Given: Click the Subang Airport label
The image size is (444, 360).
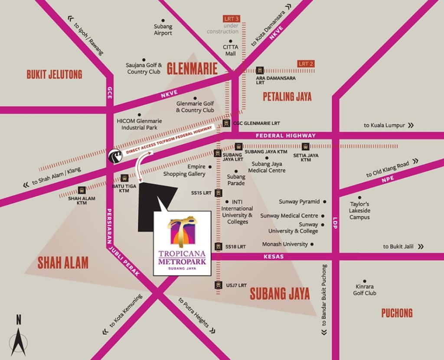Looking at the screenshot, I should [163, 29].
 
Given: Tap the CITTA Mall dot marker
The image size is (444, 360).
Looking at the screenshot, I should [231, 42].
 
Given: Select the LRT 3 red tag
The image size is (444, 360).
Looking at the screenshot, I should [232, 19].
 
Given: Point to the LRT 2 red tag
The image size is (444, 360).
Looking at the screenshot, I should [306, 64].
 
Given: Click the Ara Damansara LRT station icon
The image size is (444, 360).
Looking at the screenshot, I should [260, 70].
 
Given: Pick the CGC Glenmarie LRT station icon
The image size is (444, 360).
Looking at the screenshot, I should [227, 123].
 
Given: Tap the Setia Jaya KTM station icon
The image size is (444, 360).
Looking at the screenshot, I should [306, 146].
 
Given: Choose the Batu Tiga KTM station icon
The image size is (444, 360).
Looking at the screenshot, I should [124, 178].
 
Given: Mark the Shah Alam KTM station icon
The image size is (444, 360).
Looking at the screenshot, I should [82, 190].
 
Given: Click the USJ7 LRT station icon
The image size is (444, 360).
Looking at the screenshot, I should [219, 285].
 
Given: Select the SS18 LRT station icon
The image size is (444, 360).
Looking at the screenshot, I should [219, 246].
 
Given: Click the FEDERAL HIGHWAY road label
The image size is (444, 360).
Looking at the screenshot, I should [286, 136].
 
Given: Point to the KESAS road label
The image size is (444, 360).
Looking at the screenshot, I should [274, 257].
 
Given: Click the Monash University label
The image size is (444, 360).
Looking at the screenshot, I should [285, 244].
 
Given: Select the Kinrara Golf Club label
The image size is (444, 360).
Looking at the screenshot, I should [365, 290].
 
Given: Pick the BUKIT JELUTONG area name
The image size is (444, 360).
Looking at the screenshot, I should [54, 75].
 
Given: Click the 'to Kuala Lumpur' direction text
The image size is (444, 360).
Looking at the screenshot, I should [384, 125].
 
